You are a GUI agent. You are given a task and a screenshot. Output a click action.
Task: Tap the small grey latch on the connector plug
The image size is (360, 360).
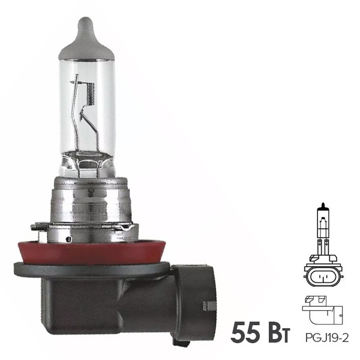point(209,305)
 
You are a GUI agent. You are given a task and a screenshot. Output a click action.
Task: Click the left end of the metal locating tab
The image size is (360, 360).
point(35,227)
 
